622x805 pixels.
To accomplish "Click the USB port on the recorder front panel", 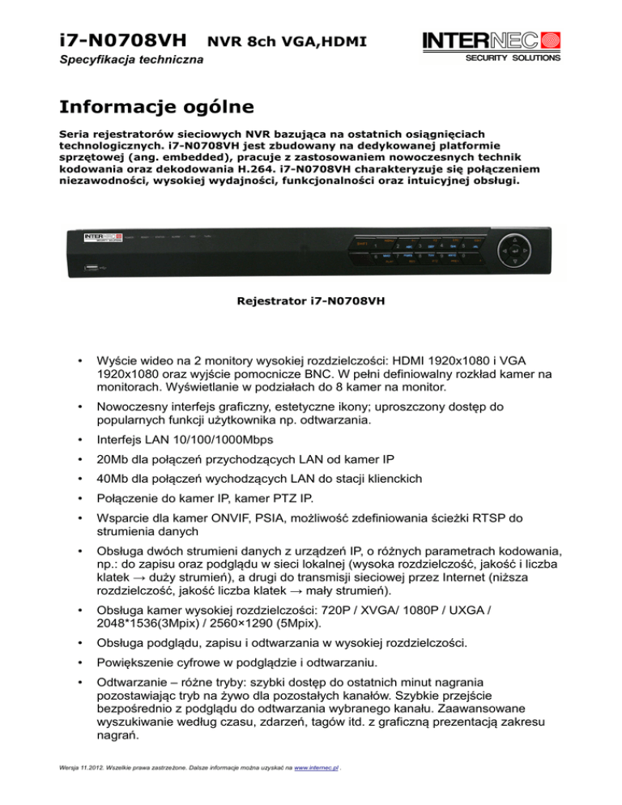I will (87, 266).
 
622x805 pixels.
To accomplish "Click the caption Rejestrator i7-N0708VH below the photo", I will (310, 304).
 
